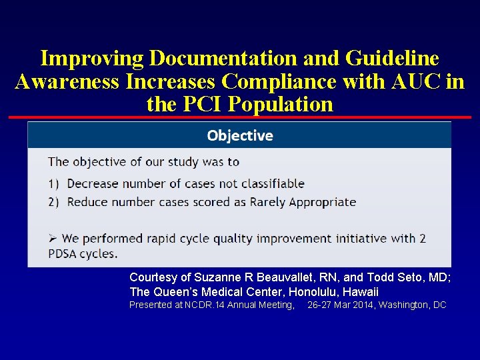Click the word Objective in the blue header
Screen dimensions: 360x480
[240, 136]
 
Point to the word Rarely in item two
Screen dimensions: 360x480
[269, 202]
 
